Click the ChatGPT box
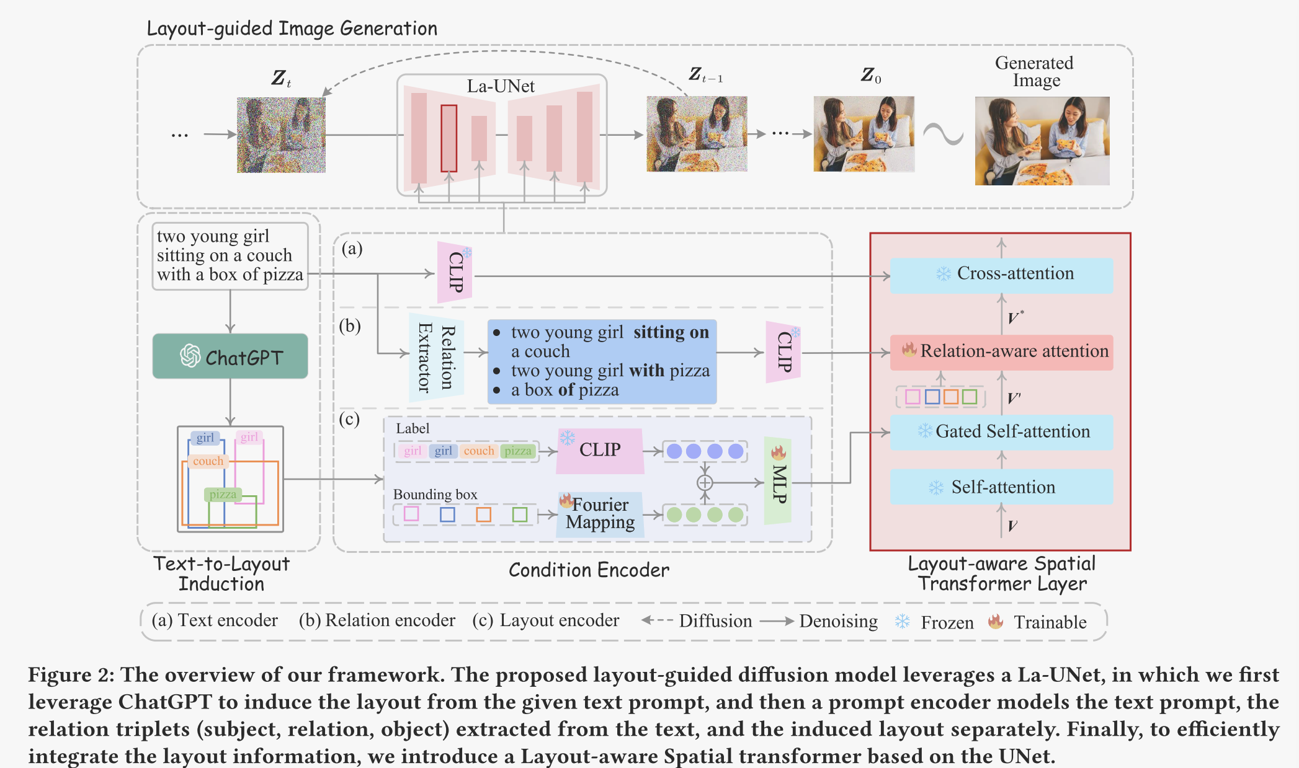pos(230,356)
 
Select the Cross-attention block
pos(1001,275)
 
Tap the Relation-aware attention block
pos(1001,352)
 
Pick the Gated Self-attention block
pos(1001,432)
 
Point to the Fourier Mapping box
pos(599,513)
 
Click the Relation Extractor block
pos(436,358)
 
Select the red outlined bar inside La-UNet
pos(449,138)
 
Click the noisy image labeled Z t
pos(281,135)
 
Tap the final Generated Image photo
pos(1042,141)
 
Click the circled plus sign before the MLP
pos(705,483)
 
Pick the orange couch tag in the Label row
pos(479,451)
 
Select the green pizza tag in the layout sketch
pos(223,495)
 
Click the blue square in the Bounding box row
pos(447,514)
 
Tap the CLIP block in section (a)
pos(455,273)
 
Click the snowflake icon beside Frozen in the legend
pos(903,622)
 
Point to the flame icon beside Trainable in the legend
pos(996,622)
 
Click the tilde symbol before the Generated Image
pos(944,134)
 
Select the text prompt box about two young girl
pos(230,256)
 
